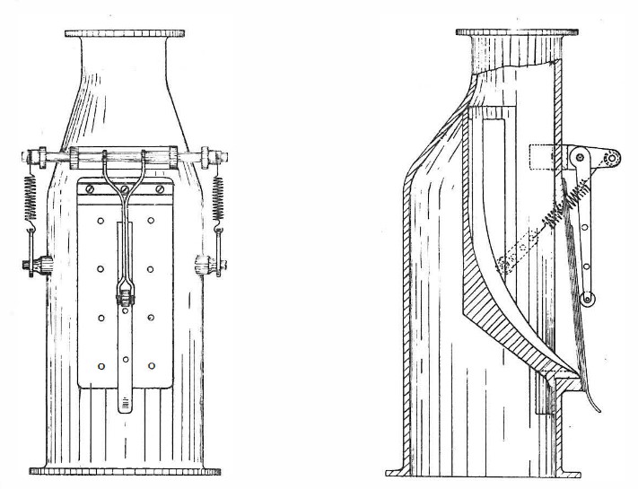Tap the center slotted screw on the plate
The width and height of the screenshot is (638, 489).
[x=126, y=188]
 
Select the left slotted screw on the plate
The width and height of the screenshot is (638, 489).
[x=90, y=189]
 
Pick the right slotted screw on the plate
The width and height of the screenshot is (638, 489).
[x=160, y=189]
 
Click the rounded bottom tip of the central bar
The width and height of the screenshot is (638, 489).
[x=125, y=404]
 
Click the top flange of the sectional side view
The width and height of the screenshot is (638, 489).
[x=511, y=34]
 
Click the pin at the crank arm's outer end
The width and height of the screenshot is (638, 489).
[x=612, y=160]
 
